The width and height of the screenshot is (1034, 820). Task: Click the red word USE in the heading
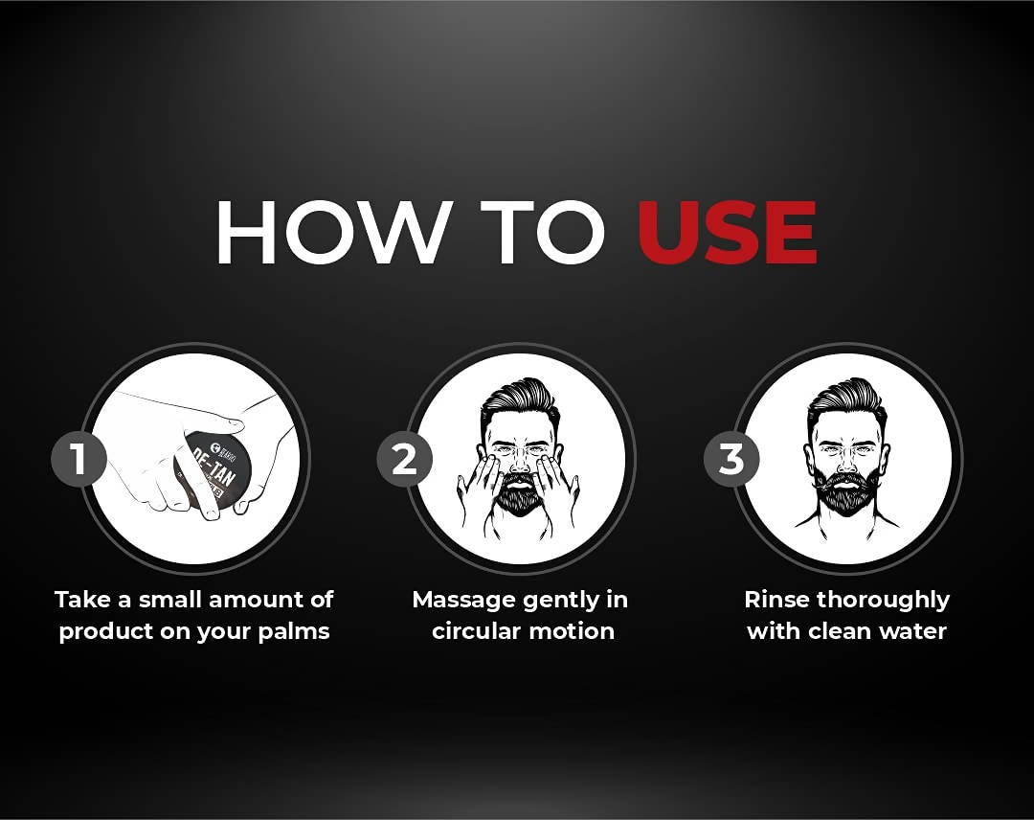coord(727,233)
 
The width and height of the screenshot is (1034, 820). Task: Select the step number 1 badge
coord(78,459)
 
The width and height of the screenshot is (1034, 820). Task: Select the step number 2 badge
coord(404,459)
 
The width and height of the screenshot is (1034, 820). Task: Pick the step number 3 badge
coord(731,459)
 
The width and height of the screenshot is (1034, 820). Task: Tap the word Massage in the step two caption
coord(464,601)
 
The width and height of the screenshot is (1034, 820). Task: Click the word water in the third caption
coord(913,632)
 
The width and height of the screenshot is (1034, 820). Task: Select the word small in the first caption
coord(174,601)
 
